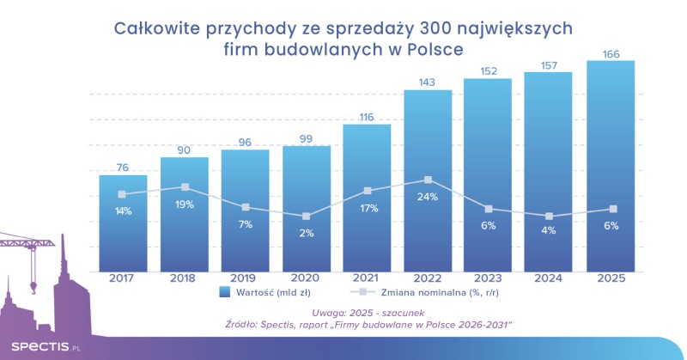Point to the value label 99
tap(307, 139)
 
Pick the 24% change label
tap(428, 197)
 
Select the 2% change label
tap(307, 233)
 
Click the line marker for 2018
tap(184, 186)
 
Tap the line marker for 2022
tap(428, 180)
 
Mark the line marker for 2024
tap(550, 217)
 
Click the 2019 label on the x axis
tap(245, 278)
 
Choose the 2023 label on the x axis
tap(489, 278)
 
